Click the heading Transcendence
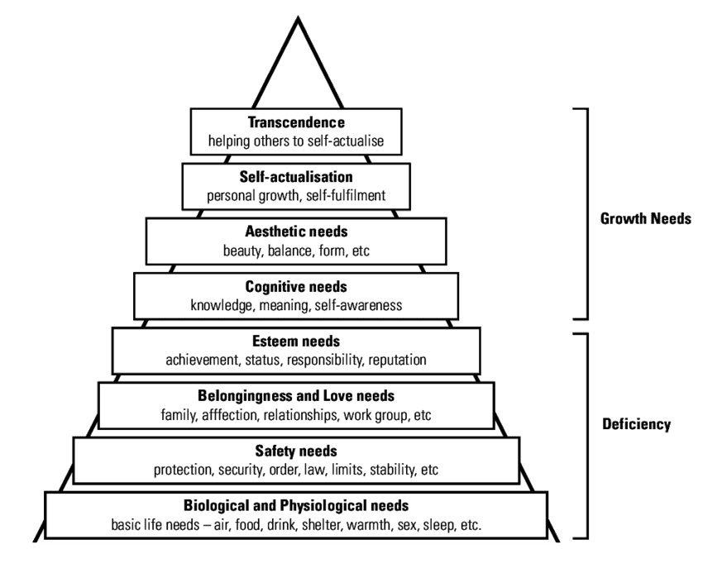pyautogui.click(x=295, y=122)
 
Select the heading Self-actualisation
pyautogui.click(x=295, y=177)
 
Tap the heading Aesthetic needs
pyautogui.click(x=295, y=232)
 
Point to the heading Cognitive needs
pyautogui.click(x=295, y=287)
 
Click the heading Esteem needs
pyautogui.click(x=295, y=341)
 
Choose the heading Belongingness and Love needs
pyautogui.click(x=295, y=395)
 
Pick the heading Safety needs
pyautogui.click(x=295, y=451)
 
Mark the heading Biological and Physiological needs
pyautogui.click(x=295, y=505)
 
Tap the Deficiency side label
pyautogui.click(x=638, y=425)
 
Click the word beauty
pyautogui.click(x=242, y=251)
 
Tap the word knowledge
pyautogui.click(x=221, y=306)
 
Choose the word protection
pyautogui.click(x=184, y=470)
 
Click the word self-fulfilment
pyautogui.click(x=348, y=196)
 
